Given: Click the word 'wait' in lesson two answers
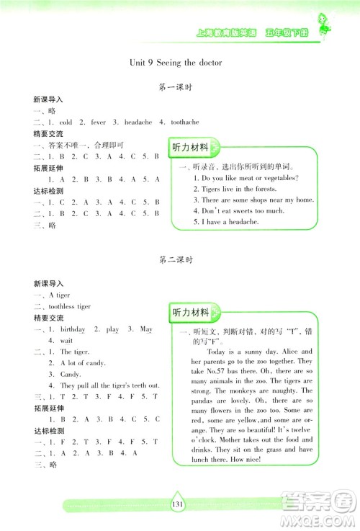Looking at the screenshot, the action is click(x=66, y=340).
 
